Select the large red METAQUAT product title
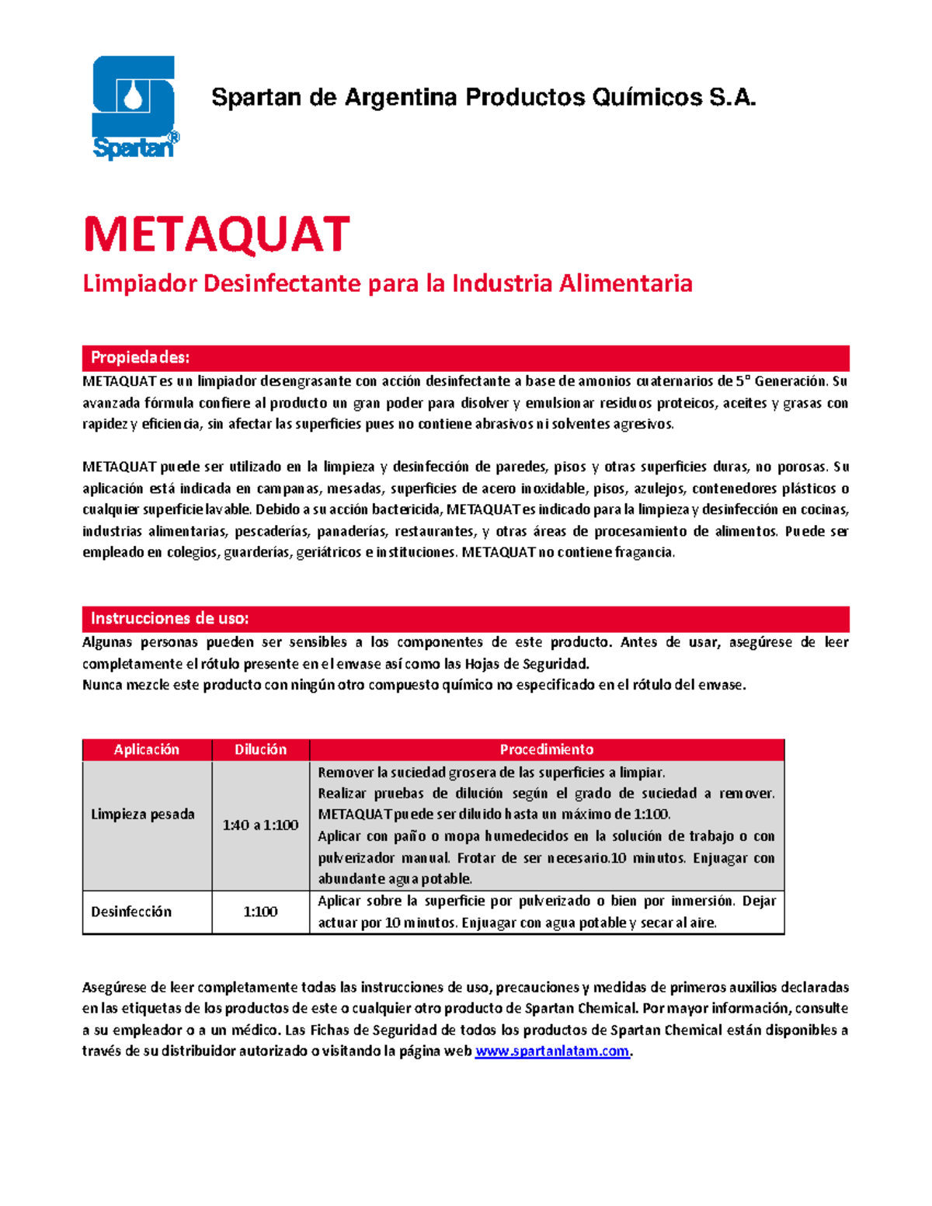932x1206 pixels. click(217, 235)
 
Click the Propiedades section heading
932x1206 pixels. click(141, 357)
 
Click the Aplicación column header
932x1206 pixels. click(147, 749)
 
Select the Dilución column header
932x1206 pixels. click(260, 749)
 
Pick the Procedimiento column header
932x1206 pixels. click(546, 749)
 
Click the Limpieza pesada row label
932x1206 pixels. click(143, 814)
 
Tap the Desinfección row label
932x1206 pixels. click(131, 912)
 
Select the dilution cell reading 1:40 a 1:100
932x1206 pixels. click(260, 825)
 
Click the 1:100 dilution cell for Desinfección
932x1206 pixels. click(260, 912)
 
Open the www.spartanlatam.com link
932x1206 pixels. click(551, 1051)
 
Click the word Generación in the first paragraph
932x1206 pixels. click(791, 381)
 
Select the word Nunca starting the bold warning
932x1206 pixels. click(102, 685)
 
